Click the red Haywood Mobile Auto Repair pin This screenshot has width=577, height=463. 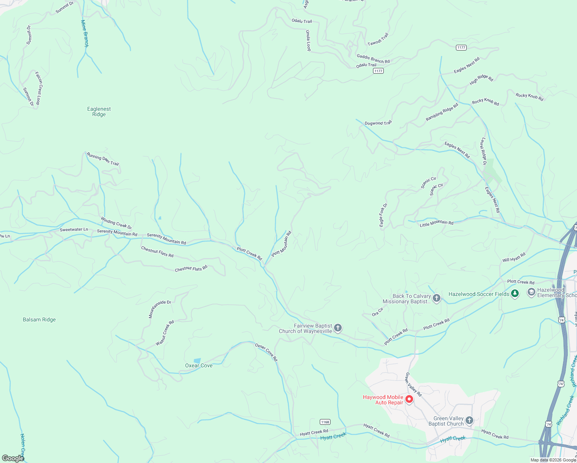coord(409,399)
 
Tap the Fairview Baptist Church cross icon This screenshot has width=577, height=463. coord(338,328)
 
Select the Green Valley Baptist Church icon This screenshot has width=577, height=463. coord(469,421)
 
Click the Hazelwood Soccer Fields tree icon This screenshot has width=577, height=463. coord(515,294)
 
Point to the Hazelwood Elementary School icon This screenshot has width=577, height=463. coord(531,292)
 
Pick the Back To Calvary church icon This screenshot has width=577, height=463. coord(437,298)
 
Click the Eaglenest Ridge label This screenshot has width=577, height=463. coord(99,112)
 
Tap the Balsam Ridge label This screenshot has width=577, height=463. coord(39,319)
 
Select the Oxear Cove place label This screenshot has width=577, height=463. coord(199,365)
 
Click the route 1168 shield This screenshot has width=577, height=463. coord(325,422)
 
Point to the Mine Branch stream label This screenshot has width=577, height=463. coord(84,34)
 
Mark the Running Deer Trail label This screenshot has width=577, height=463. coord(103,159)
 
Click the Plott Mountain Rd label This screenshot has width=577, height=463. coord(282,244)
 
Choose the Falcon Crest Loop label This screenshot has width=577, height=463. coord(38,88)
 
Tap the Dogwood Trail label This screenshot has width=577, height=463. coord(378,123)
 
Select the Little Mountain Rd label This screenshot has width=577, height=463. coord(436,223)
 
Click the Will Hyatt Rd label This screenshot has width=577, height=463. coord(514,257)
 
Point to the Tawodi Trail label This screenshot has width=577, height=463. coord(378,39)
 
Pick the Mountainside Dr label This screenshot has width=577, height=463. coord(160,309)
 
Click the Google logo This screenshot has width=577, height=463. coord(13,458)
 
